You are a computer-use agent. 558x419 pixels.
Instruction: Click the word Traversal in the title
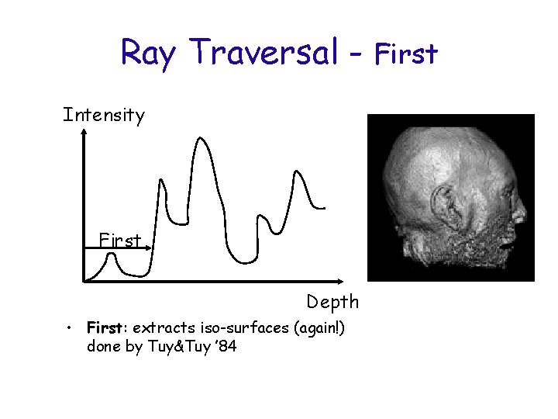263,53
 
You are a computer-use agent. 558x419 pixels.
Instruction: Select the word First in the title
406,54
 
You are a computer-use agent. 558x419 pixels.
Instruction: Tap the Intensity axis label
104,116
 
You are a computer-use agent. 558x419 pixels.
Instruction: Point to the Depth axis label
332,301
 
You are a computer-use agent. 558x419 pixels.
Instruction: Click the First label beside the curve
120,241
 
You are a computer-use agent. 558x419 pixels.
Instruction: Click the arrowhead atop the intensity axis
83,134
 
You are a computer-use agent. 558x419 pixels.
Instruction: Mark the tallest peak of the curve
201,140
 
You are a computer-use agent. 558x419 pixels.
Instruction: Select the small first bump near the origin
114,257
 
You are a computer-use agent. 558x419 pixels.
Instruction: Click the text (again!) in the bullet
319,327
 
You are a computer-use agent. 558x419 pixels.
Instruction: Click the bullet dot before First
70,328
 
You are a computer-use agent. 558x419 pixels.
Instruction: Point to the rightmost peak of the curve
295,171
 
